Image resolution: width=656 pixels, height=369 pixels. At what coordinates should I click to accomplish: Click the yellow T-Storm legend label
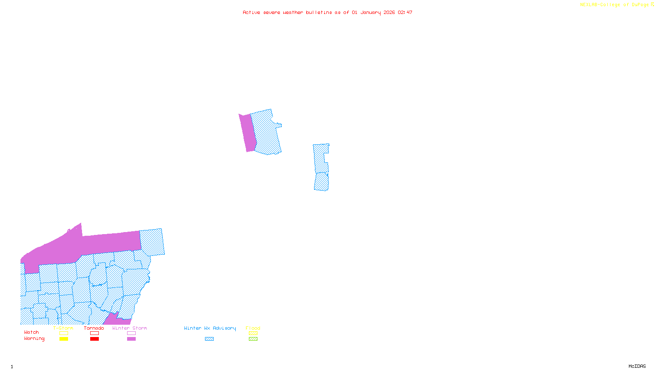pos(63,328)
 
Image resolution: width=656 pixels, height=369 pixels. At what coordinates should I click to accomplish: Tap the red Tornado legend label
pos(94,328)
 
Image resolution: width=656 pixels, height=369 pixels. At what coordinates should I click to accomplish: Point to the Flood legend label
pos(253,328)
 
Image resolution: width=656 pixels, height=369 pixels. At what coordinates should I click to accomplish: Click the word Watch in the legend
pos(32,332)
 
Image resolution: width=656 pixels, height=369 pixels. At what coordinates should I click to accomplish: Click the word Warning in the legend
pos(34,339)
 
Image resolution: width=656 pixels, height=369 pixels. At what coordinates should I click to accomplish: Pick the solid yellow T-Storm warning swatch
pos(64,339)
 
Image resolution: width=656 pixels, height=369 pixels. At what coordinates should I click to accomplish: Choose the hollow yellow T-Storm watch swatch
pos(64,333)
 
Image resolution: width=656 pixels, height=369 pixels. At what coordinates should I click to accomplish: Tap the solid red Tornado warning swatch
pos(95,339)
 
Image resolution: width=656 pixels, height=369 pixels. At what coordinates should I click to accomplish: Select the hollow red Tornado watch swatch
pos(95,333)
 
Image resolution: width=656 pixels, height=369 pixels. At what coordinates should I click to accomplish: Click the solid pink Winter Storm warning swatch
pos(132,339)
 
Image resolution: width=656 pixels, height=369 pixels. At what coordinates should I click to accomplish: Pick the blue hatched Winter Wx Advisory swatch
pos(209,339)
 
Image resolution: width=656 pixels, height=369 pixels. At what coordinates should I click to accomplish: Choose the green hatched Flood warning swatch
pos(253,339)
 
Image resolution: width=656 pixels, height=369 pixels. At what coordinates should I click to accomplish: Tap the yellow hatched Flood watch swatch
pos(253,333)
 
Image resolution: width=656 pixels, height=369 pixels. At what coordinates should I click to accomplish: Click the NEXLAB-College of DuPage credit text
pos(615,5)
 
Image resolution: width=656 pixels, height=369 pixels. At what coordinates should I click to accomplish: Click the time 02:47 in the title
pos(405,12)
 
